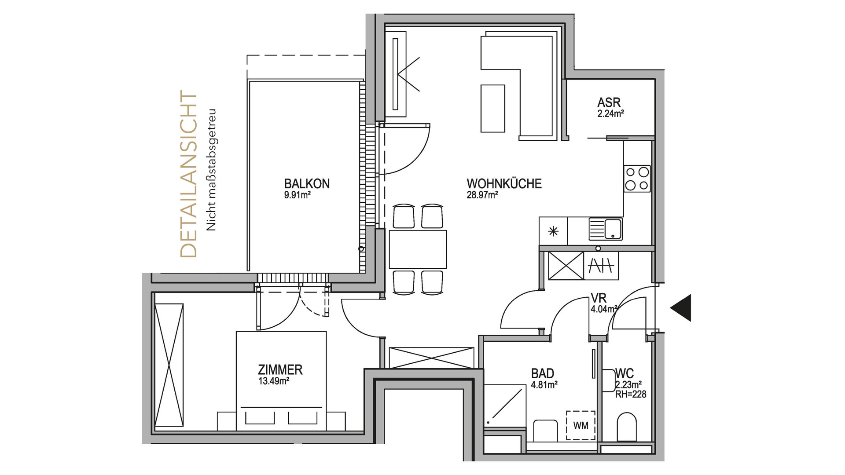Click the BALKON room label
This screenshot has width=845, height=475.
click(307, 183)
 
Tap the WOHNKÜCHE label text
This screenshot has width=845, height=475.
click(504, 183)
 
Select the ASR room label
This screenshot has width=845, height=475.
click(609, 102)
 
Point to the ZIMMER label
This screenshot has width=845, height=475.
click(280, 369)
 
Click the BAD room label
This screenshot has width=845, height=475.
click(543, 373)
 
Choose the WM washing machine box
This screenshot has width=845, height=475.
click(580, 425)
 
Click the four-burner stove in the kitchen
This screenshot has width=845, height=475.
click(637, 179)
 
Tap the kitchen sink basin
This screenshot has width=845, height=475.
click(612, 229)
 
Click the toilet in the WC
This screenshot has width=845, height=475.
click(627, 427)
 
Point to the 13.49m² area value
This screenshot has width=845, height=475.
click(274, 381)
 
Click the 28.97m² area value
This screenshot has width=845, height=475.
click(482, 195)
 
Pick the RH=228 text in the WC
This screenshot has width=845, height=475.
click(631, 395)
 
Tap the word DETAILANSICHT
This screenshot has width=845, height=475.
click(189, 174)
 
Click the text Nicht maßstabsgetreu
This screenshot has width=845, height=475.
click(212, 170)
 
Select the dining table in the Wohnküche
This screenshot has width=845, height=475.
click(418, 249)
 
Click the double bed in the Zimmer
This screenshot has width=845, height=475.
click(281, 381)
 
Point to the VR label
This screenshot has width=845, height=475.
click(599, 298)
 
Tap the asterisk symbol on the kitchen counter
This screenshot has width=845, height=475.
click(553, 231)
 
